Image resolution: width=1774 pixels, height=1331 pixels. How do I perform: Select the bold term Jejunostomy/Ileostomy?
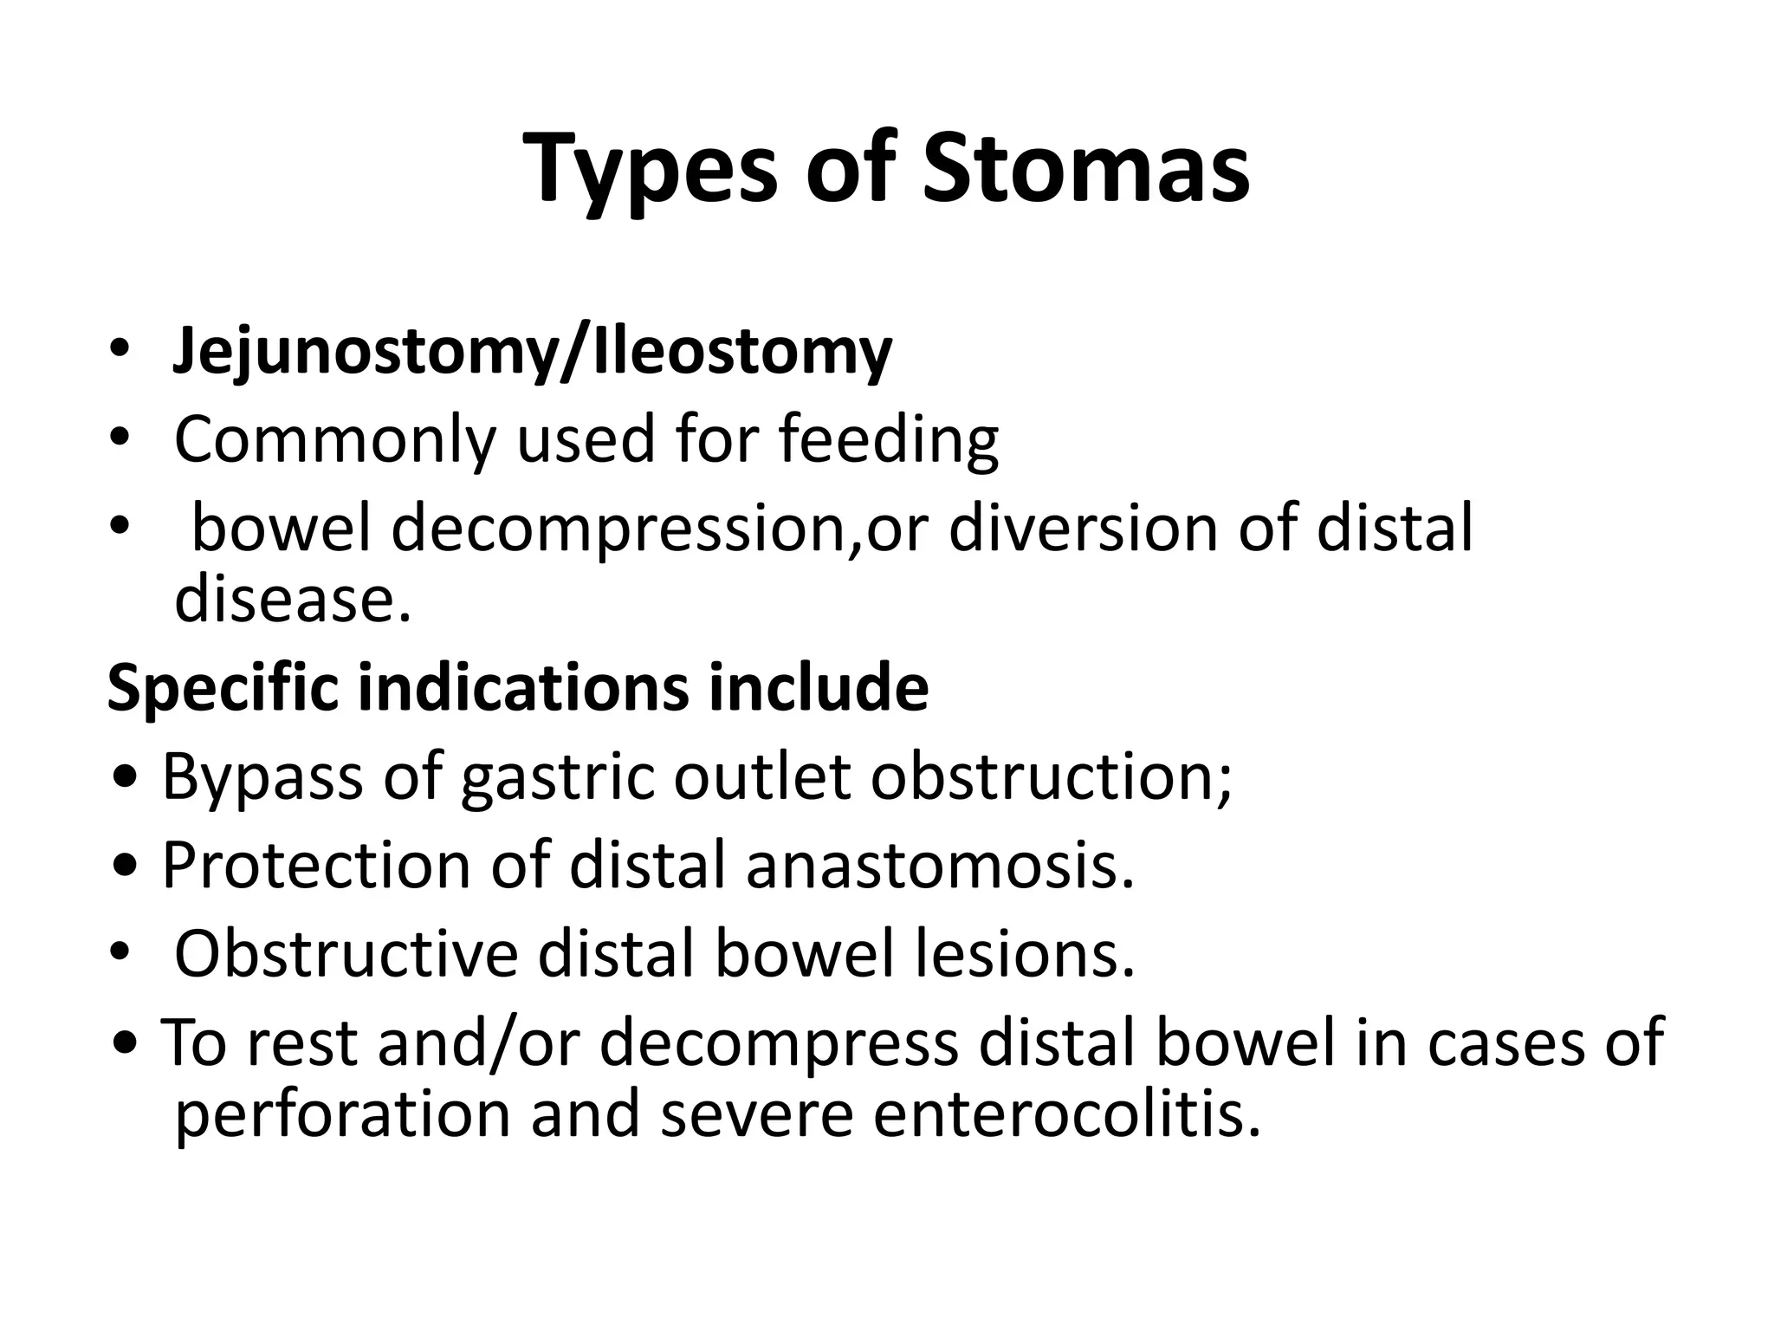click(532, 352)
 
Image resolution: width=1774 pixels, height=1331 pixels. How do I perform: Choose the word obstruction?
click(1050, 776)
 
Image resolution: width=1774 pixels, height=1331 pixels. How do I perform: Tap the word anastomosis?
click(939, 865)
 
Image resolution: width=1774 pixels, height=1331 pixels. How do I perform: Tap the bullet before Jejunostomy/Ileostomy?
click(119, 352)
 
